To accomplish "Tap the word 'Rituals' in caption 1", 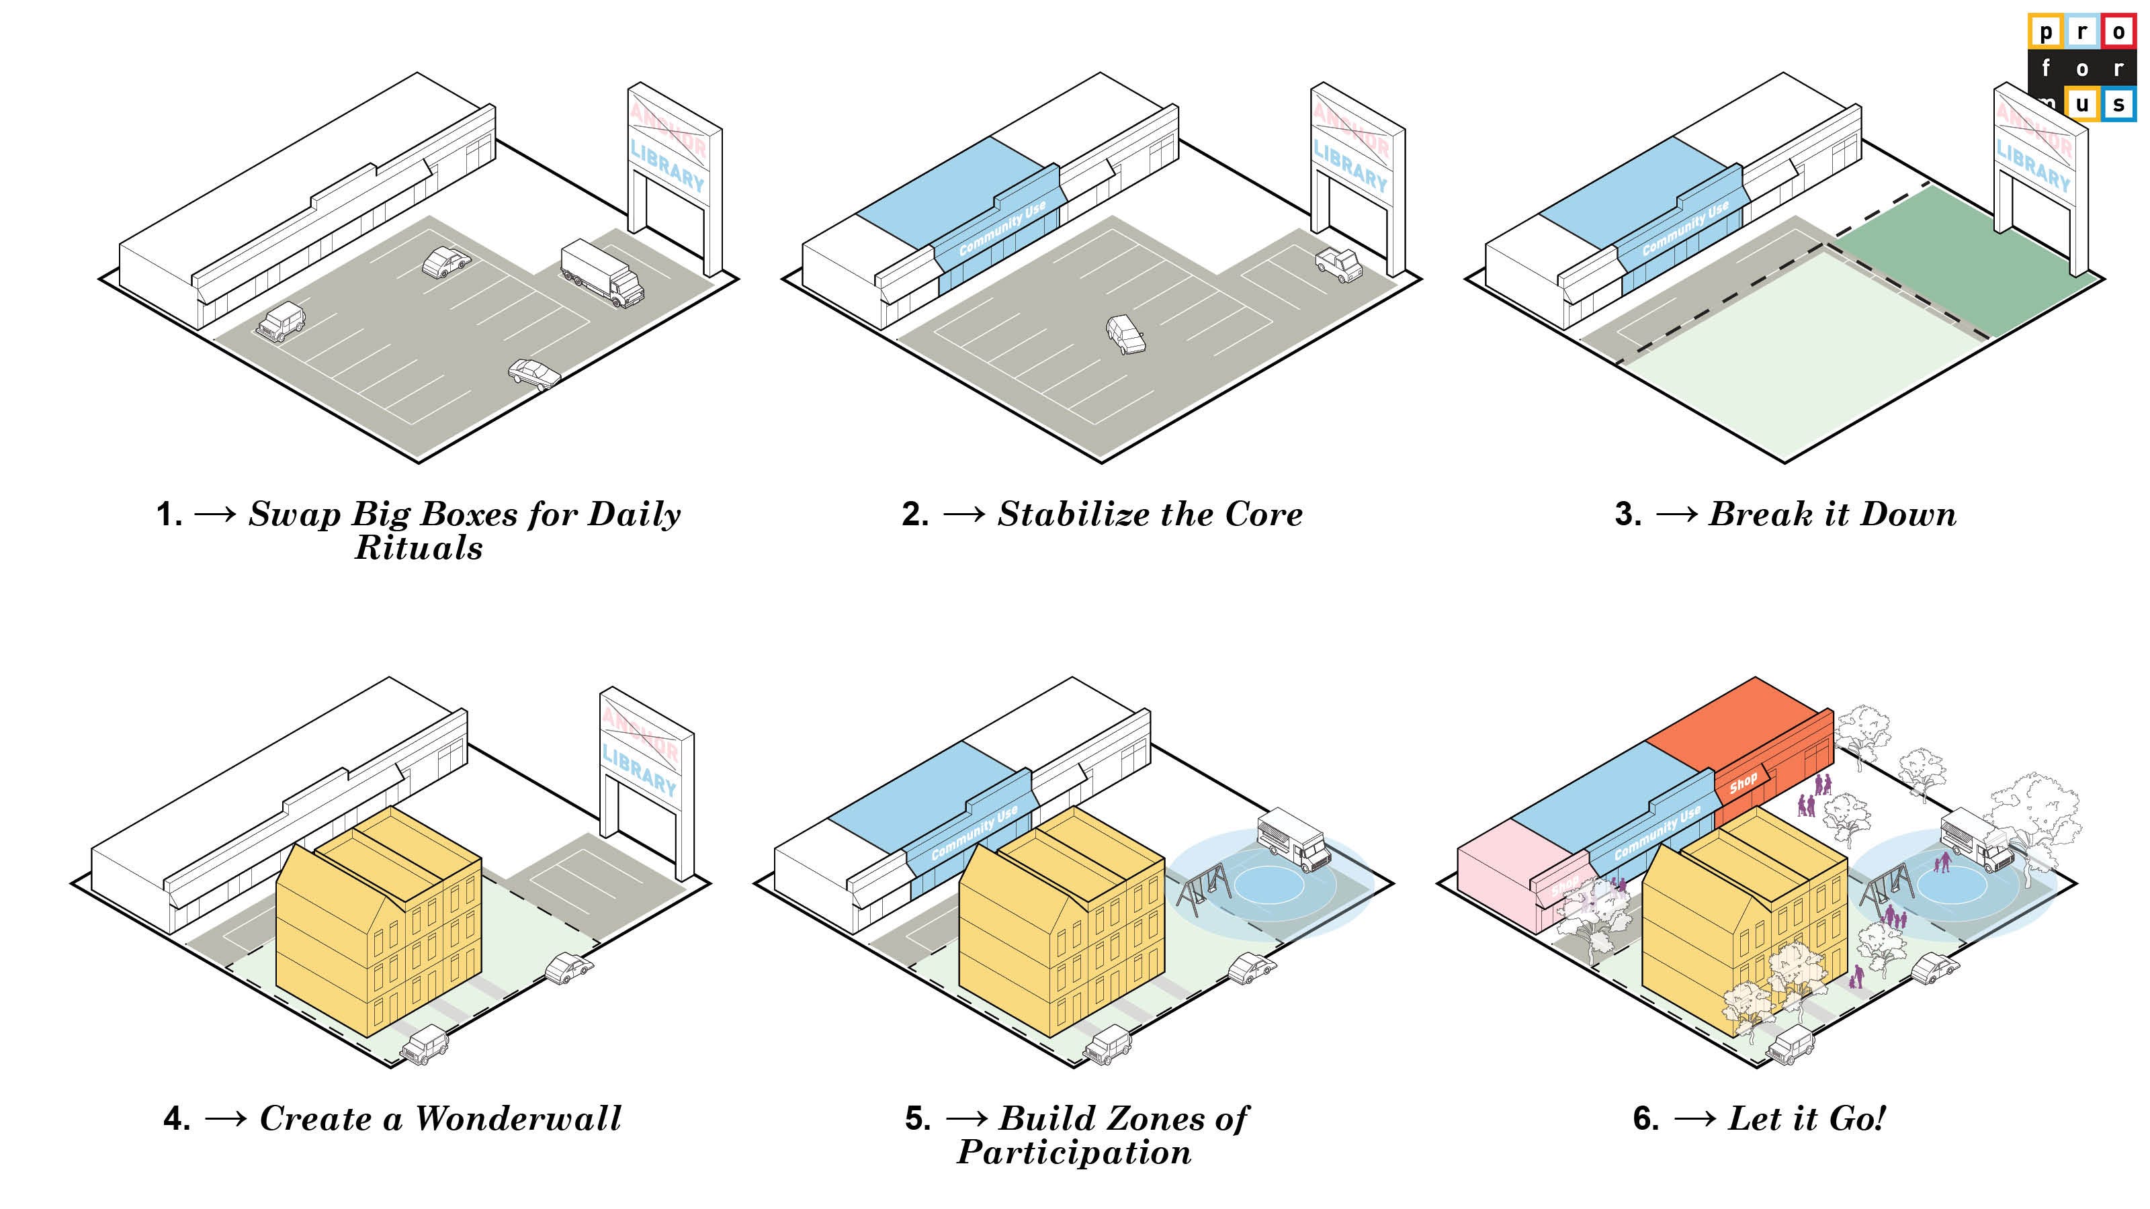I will pos(419,549).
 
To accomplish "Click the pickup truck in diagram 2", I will pos(1339,265).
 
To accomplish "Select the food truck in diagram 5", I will pos(1293,842).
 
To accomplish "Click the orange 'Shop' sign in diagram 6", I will pos(1743,783).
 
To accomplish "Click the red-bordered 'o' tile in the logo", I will pos(2118,32).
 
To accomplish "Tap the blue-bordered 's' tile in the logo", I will pos(2118,104).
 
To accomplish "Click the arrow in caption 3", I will pos(1676,514).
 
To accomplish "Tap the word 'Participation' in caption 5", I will pos(1074,1153).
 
